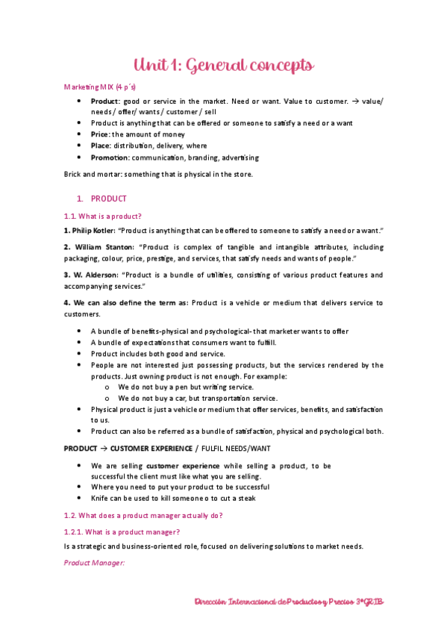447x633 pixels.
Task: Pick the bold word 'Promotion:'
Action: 109,158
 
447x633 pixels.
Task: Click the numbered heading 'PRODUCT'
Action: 108,199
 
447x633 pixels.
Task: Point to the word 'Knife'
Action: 100,497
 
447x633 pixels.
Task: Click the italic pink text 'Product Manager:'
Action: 94,562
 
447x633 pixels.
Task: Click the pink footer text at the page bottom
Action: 289,602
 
